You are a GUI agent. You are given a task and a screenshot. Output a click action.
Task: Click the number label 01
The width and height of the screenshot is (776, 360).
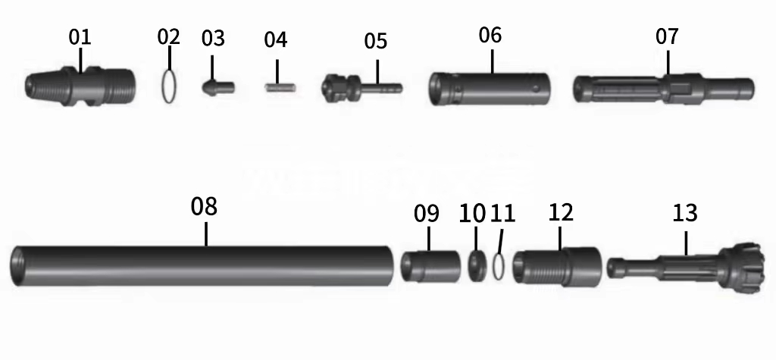(x=80, y=36)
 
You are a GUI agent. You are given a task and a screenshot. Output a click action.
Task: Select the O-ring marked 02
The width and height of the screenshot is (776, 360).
(x=171, y=85)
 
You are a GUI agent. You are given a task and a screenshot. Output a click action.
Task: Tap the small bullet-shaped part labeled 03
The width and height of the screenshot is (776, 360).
(x=217, y=86)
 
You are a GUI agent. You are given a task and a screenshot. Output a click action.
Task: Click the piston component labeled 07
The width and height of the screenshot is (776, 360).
(x=663, y=88)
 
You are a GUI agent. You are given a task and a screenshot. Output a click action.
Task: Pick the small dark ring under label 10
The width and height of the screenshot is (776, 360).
(x=477, y=266)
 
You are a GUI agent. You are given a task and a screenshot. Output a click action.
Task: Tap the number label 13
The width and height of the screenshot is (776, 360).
(x=684, y=213)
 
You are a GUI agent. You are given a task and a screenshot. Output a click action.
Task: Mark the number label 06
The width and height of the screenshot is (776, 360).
(x=490, y=35)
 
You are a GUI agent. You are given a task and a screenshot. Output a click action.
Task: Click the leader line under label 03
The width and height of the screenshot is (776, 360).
(x=212, y=64)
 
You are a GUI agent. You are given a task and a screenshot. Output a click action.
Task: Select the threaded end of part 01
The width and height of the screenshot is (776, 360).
(x=117, y=86)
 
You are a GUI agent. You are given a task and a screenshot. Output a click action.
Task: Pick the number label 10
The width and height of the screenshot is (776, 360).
(x=472, y=213)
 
